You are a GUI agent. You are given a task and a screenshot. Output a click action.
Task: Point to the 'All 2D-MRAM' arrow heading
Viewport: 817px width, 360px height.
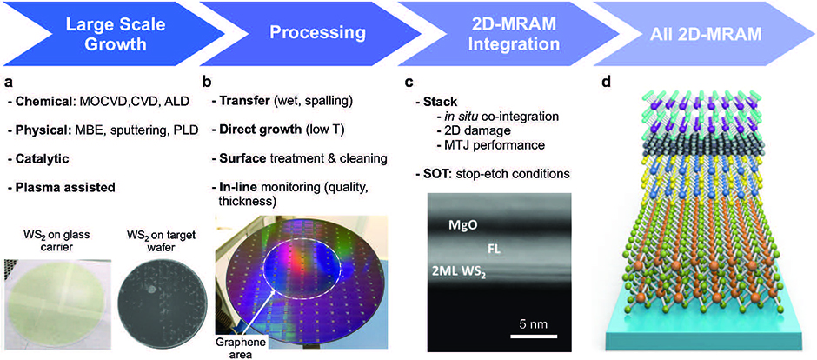(x=710, y=33)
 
